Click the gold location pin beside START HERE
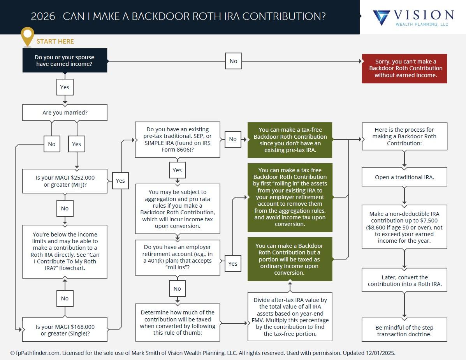(27, 36)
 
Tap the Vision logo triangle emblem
(381, 18)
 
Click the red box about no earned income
(404, 68)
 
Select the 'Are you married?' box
(65, 113)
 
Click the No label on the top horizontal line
(233, 61)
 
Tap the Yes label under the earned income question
(65, 87)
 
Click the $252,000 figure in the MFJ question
(80, 178)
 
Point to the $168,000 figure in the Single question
(80, 327)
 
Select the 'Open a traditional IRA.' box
(404, 177)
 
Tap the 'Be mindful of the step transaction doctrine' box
(404, 331)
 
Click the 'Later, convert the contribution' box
(404, 281)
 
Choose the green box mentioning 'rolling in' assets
(290, 197)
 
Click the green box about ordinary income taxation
(290, 259)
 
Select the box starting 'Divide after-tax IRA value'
(290, 317)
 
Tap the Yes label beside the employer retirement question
(232, 264)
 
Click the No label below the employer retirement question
(177, 289)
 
